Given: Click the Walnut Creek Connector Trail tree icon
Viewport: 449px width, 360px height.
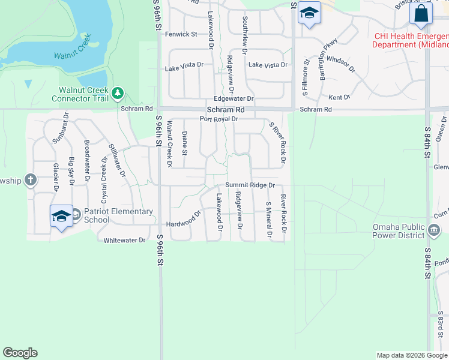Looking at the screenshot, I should click(118, 92).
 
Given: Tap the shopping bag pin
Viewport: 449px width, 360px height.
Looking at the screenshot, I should click(421, 14).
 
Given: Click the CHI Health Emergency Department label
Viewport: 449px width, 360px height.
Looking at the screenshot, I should click(411, 40).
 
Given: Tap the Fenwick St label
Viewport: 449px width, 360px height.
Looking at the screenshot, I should click(181, 34).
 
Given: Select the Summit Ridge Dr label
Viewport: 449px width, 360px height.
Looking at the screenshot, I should click(250, 186).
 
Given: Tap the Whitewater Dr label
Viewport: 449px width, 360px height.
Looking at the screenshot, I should click(125, 240).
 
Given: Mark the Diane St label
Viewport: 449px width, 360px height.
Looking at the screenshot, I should click(184, 143).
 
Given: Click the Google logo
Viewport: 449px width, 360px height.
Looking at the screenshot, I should click(20, 353).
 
